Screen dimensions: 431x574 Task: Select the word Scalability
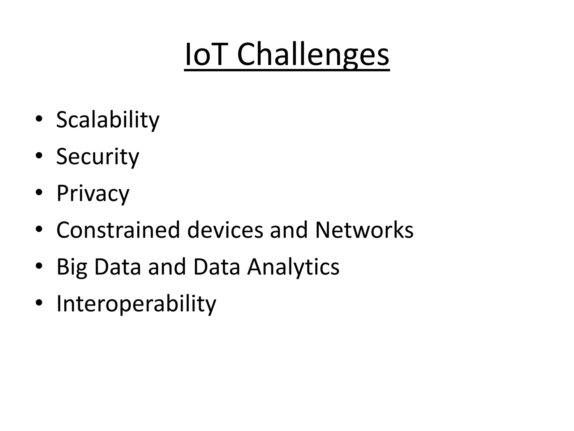click(x=108, y=120)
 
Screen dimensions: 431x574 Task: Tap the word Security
click(x=98, y=157)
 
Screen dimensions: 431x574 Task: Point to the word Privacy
click(x=93, y=193)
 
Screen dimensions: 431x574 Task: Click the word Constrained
click(x=118, y=230)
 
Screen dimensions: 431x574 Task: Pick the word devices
click(x=225, y=230)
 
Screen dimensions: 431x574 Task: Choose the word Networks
click(x=364, y=230)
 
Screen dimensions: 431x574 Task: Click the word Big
click(x=72, y=267)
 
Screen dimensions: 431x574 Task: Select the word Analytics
click(x=293, y=267)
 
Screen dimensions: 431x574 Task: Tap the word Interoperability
click(x=136, y=304)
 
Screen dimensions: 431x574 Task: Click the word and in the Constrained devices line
click(x=289, y=230)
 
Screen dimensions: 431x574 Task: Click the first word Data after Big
click(x=118, y=267)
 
